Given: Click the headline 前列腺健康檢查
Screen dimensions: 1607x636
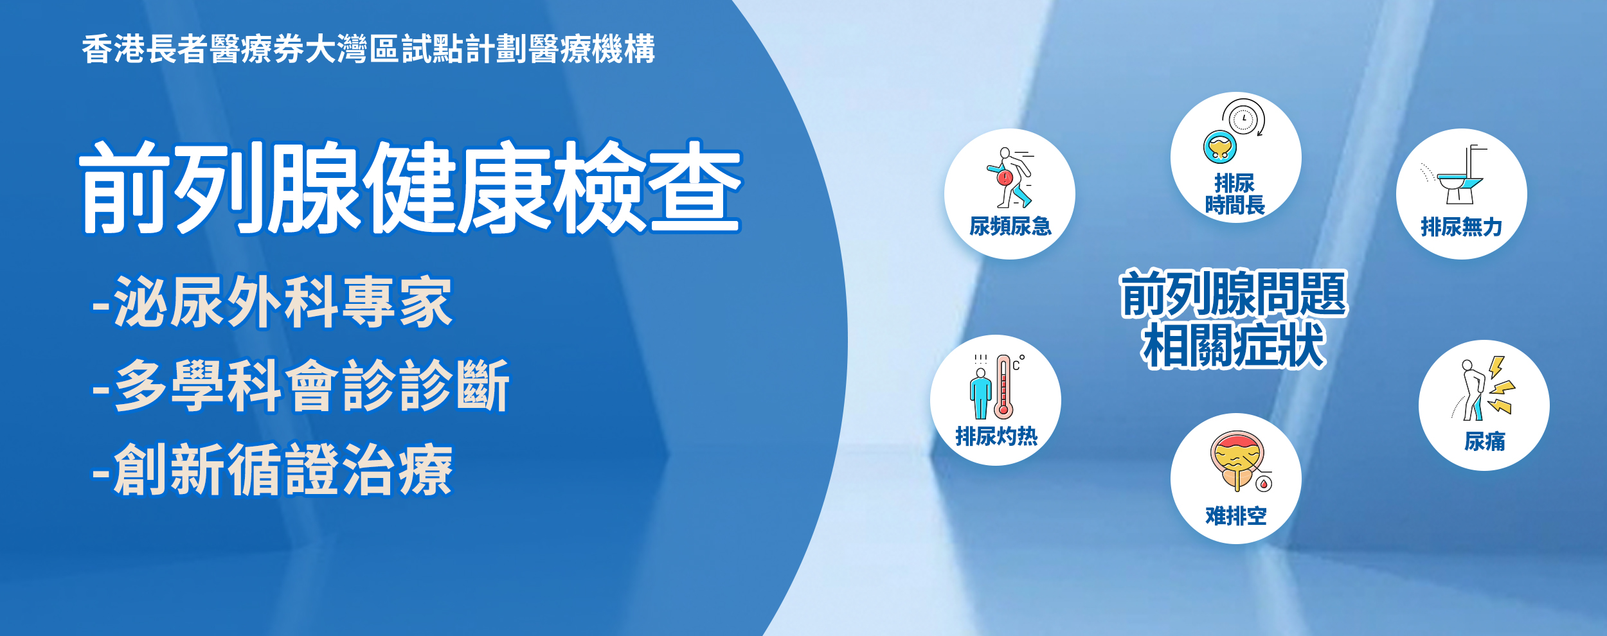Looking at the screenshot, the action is tap(411, 187).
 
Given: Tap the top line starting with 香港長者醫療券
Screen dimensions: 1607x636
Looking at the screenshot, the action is tap(368, 49).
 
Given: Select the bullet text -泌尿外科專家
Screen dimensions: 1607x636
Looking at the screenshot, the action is tap(273, 302).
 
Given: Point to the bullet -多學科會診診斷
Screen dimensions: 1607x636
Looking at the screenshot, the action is tap(301, 385).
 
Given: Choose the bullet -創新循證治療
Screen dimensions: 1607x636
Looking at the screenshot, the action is tap(273, 470).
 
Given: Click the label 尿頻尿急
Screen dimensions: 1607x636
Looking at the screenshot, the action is tap(1010, 226).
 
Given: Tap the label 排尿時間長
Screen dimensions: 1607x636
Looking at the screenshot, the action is tap(1235, 194).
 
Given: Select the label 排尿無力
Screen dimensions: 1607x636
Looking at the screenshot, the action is tap(1461, 227).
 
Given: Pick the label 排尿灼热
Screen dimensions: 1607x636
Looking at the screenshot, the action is tap(996, 436).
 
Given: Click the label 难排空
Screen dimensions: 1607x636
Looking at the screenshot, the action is tap(1235, 516).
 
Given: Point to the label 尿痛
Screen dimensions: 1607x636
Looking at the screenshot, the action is tap(1484, 441).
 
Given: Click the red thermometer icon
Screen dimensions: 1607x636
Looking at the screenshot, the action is tap(1003, 387).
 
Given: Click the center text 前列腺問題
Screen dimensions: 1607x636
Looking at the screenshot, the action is tap(1234, 294).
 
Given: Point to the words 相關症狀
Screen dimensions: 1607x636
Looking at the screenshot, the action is tap(1234, 346).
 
